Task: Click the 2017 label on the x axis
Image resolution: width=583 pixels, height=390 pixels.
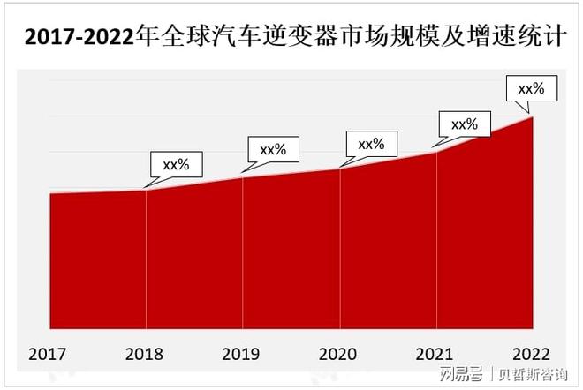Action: click(48, 355)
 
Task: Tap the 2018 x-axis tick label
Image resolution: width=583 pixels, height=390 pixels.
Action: click(145, 355)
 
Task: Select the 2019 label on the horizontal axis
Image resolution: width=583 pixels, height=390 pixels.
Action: click(241, 355)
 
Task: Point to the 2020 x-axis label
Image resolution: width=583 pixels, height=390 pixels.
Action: click(339, 355)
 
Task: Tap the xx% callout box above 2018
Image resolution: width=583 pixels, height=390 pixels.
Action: click(177, 163)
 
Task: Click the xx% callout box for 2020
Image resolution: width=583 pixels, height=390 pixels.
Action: click(370, 144)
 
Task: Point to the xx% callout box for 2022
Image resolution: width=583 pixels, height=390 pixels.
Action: click(530, 89)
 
